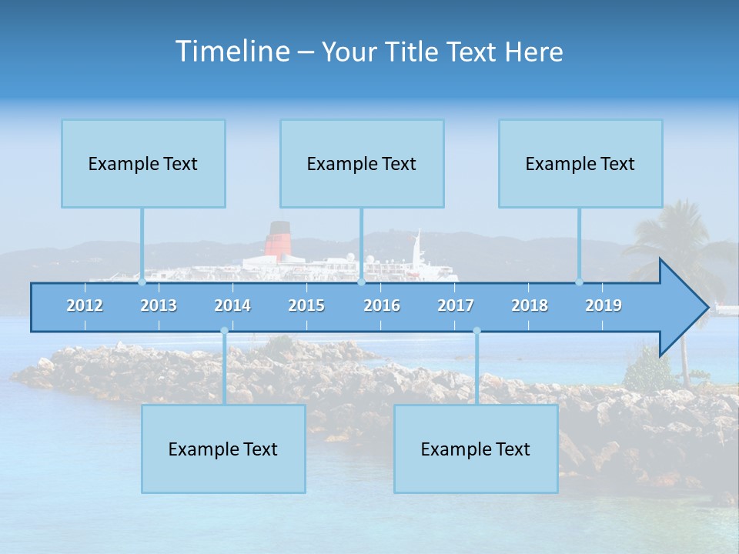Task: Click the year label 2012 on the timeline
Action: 85,305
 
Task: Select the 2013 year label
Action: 159,305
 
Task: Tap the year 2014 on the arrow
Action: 232,305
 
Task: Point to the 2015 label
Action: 306,305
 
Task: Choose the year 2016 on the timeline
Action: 382,305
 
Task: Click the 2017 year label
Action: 456,305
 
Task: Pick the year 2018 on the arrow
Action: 530,305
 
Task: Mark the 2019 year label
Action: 604,305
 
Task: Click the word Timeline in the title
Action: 232,52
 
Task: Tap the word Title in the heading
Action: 415,52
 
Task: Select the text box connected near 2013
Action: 143,163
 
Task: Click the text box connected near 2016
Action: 362,163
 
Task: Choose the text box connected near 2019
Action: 580,163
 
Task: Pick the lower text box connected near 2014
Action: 223,449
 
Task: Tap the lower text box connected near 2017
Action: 476,449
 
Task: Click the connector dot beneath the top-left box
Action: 142,282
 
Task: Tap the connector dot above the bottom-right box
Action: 477,331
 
